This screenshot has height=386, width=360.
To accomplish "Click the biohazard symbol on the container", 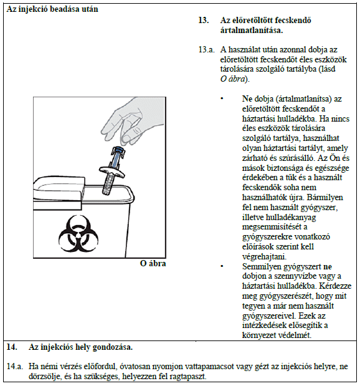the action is tap(78, 233).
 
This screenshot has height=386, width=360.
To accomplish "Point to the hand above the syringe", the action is tap(133, 121).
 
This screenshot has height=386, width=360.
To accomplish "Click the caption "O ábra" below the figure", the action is tap(153, 263).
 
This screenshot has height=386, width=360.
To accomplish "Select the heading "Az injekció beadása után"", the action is tap(52, 9).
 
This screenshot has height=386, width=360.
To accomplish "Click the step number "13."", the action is tap(204, 20).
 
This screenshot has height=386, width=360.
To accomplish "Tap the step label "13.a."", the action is tap(206, 50).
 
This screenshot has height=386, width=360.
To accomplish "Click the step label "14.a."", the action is tap(15, 366).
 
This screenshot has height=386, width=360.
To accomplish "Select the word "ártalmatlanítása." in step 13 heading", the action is tap(252, 31).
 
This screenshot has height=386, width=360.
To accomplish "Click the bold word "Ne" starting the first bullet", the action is tap(247, 99).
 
